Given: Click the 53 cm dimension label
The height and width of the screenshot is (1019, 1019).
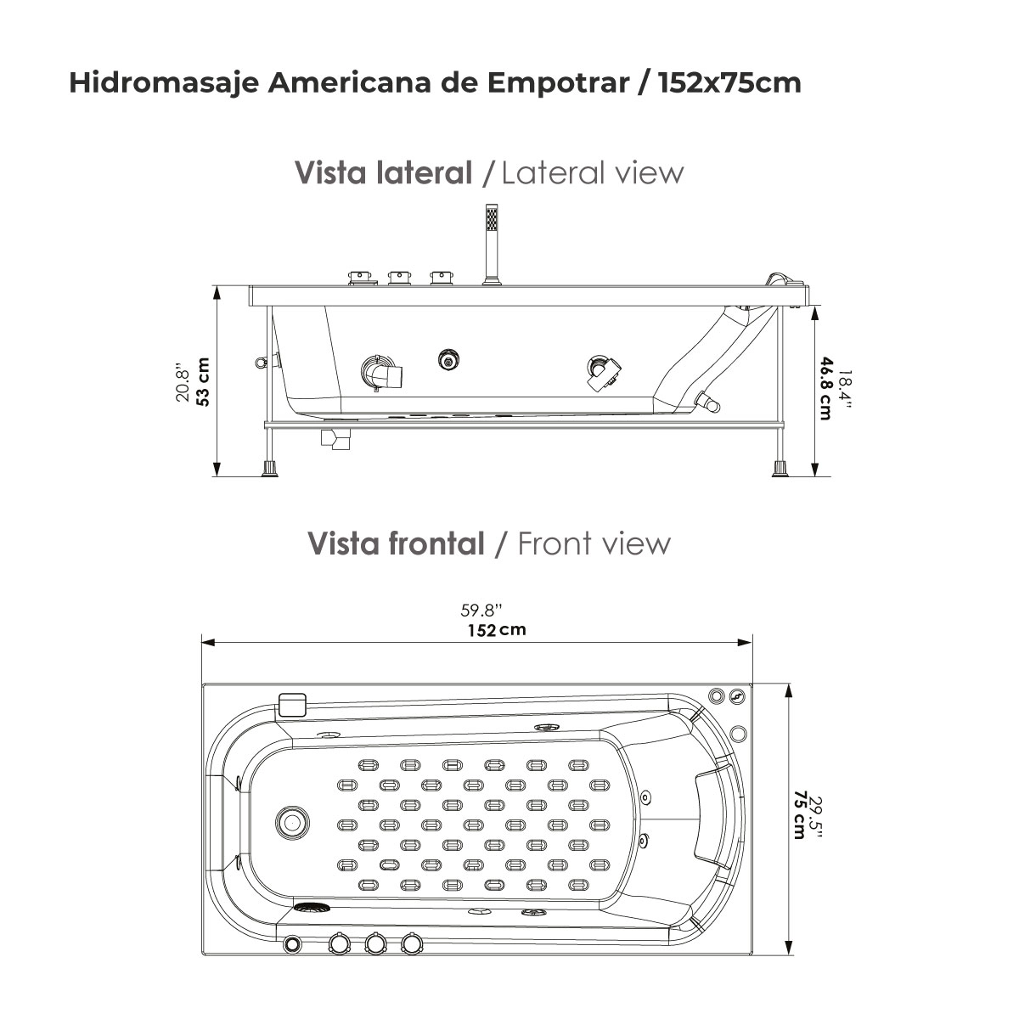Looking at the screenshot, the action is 203,382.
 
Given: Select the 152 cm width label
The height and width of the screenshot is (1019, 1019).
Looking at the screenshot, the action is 497,630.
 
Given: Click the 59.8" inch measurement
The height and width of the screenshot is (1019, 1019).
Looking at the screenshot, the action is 481,611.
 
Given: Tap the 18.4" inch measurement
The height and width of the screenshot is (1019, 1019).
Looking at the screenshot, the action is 846,389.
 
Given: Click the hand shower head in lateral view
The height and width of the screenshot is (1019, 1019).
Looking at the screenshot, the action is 492,218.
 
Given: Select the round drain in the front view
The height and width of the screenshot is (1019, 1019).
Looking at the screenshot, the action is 292,822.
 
